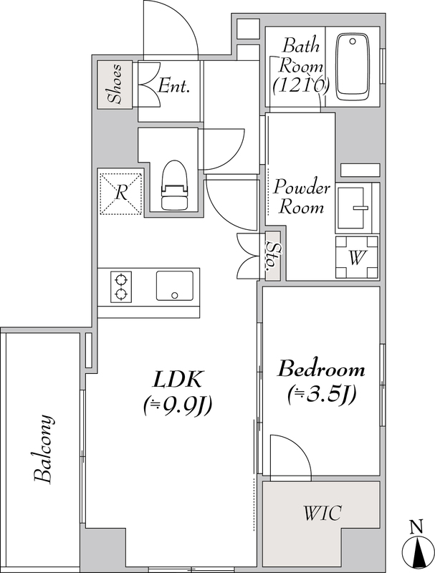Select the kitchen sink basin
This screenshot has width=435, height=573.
tap(175, 286)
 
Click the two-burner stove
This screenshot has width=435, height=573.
tap(121, 287)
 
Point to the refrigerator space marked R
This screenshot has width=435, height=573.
tap(120, 193)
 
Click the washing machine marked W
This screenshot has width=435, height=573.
tap(357, 258)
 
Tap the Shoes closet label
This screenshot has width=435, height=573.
tap(115, 84)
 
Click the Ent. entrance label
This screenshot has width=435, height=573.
tap(174, 86)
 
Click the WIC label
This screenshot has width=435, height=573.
tap(322, 513)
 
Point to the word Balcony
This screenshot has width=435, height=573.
tap(44, 449)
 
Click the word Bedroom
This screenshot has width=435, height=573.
tap(321, 370)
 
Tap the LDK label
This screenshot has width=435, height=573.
tap(178, 380)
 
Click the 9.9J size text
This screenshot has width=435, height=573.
tap(178, 405)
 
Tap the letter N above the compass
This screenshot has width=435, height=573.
tap(416, 527)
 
